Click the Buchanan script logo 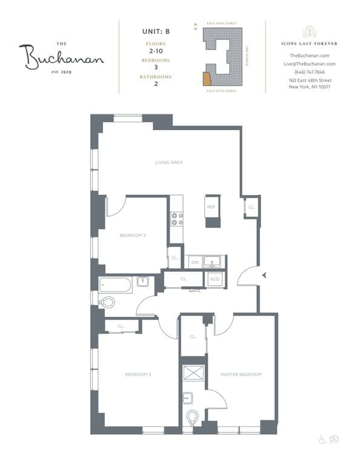coord(61,58)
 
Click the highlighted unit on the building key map coord(207,79)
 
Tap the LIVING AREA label coord(168,162)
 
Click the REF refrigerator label coord(212,207)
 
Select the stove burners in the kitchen coord(177,219)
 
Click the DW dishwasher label coord(195,262)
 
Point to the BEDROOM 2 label coord(132,235)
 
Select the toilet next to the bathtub coord(107,302)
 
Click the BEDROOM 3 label coord(138,375)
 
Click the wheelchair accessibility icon coord(322,439)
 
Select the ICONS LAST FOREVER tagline coord(309,44)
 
